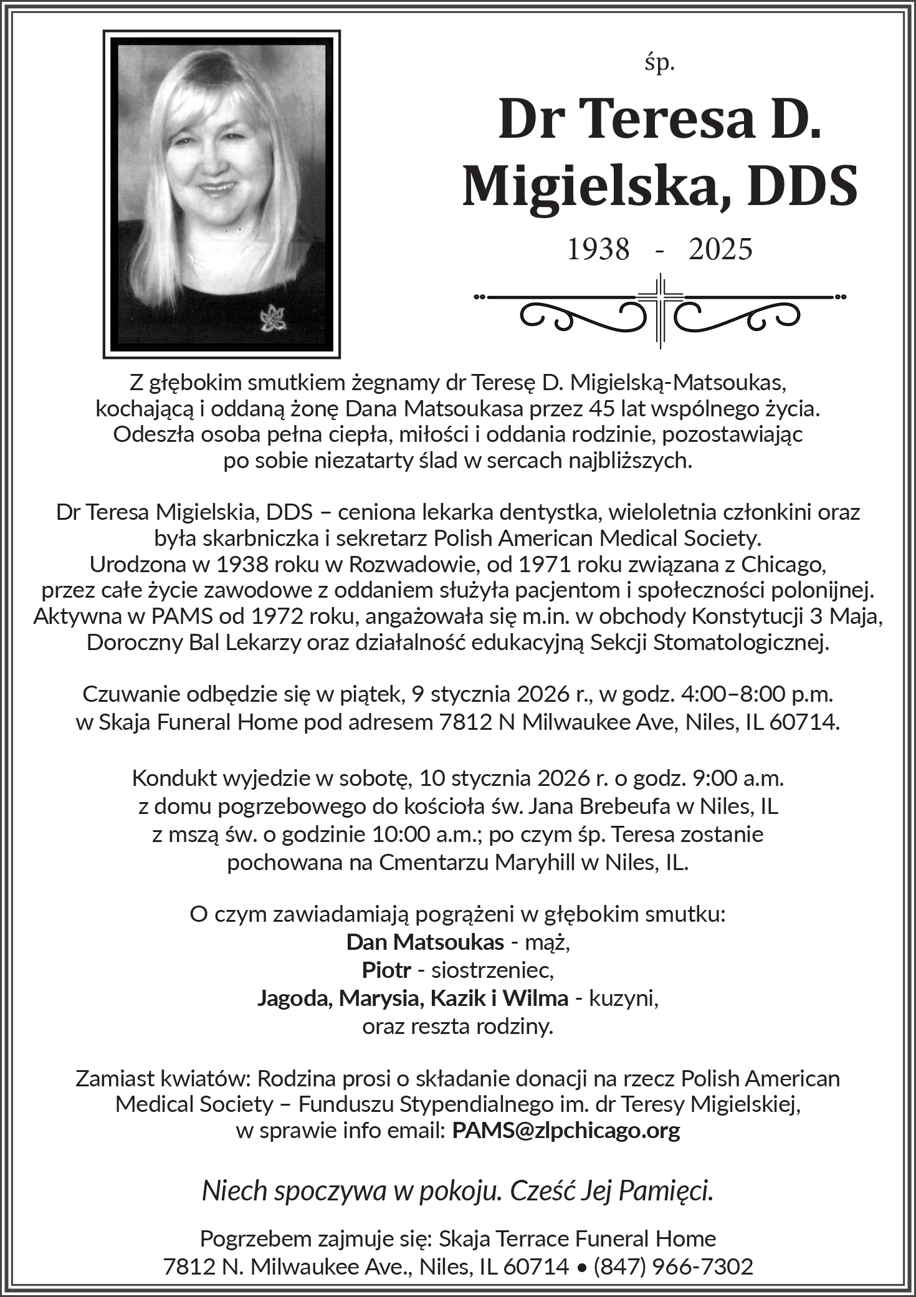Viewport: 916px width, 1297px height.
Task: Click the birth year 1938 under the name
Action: click(598, 249)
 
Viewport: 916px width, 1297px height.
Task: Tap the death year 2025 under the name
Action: click(721, 249)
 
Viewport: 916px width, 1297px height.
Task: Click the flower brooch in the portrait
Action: click(272, 318)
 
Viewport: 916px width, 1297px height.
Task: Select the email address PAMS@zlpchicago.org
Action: click(566, 1130)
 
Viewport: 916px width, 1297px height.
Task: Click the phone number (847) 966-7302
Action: click(673, 1266)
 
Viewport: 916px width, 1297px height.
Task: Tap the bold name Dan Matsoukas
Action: click(425, 941)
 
